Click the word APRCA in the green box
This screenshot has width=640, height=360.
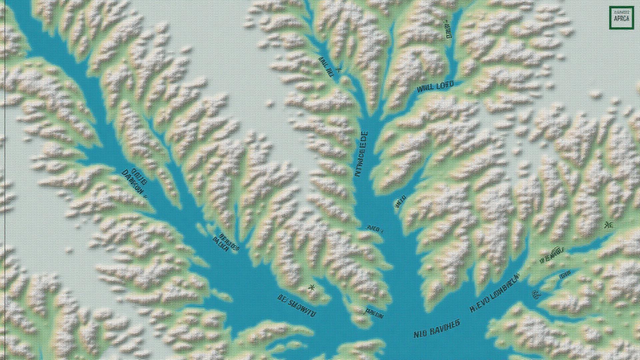coord(621,19)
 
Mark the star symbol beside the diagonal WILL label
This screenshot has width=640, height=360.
coord(339,70)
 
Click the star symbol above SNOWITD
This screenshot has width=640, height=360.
coord(312,287)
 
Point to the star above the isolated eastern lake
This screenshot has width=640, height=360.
coord(608,225)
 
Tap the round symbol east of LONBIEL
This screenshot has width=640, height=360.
coord(536,294)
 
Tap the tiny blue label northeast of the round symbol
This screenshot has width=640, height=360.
coord(565,275)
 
